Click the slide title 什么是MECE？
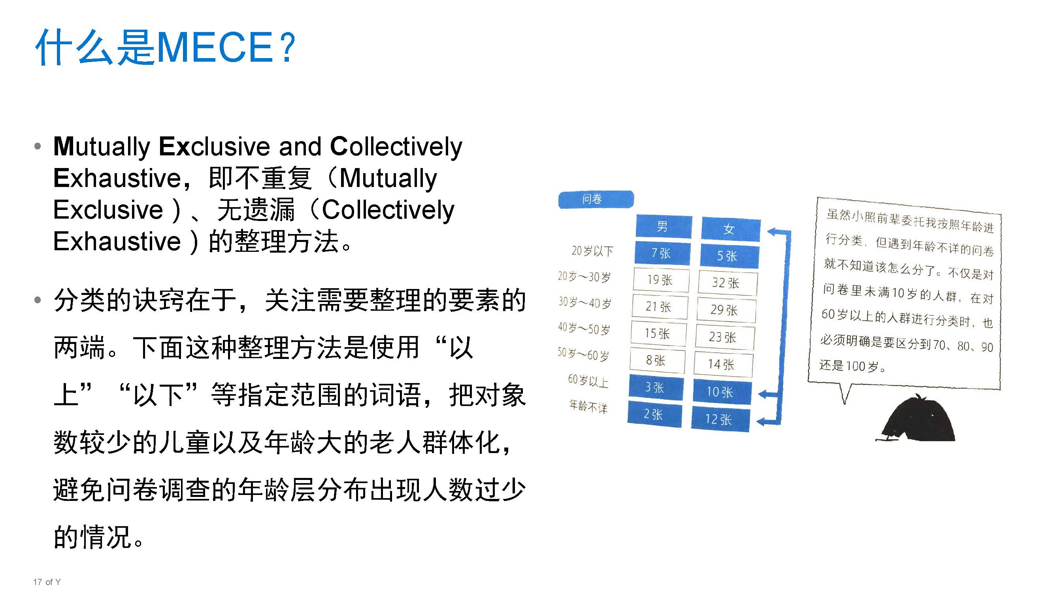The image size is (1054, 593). coord(166,47)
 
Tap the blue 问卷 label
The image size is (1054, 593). coord(595,199)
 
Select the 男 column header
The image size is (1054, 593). coord(663,226)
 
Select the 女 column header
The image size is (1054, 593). coord(730,229)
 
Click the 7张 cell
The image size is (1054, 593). coord(662,253)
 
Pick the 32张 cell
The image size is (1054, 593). coord(727,282)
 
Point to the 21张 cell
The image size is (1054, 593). coord(659,306)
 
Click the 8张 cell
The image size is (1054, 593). coord(656,360)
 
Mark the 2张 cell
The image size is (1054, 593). coord(654,414)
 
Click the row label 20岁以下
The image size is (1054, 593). coord(592,251)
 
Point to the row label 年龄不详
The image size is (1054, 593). coord(588,406)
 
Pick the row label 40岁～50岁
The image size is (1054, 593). coord(584,328)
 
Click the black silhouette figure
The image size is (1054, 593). coord(920,421)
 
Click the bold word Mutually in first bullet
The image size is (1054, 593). coord(102,147)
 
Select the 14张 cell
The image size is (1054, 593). coord(722,364)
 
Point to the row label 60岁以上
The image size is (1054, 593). coord(588,381)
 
